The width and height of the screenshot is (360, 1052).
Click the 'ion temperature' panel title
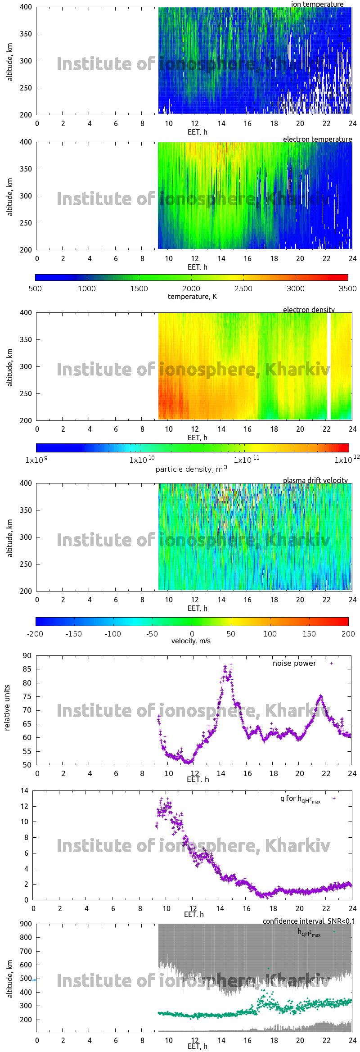tap(317, 4)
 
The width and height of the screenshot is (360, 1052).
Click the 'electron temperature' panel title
tap(317, 139)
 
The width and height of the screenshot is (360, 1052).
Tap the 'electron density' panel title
tap(309, 310)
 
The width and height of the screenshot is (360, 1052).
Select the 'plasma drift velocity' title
tap(315, 480)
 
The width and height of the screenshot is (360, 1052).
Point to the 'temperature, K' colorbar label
tap(192, 297)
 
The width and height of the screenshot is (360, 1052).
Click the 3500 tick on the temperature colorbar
tap(347, 289)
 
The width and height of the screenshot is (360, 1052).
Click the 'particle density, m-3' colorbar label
tap(191, 469)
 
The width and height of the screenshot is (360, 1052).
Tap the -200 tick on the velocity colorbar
tap(35, 634)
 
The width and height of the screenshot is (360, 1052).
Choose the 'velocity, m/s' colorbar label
tap(191, 641)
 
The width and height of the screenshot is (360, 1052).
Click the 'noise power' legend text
tap(294, 664)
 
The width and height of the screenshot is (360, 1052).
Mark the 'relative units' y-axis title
tap(7, 708)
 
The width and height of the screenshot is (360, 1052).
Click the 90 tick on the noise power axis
tap(27, 656)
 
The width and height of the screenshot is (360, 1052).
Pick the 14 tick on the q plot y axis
tap(24, 791)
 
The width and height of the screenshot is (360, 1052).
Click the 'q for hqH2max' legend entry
tap(300, 799)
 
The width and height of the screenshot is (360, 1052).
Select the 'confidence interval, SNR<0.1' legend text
tap(309, 921)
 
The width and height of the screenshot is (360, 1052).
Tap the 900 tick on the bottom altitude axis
tap(26, 924)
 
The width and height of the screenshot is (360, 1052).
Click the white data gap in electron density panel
tap(329, 366)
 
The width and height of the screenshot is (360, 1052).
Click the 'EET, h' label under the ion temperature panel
tap(197, 132)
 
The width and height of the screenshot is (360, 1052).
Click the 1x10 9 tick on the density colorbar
tap(36, 460)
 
